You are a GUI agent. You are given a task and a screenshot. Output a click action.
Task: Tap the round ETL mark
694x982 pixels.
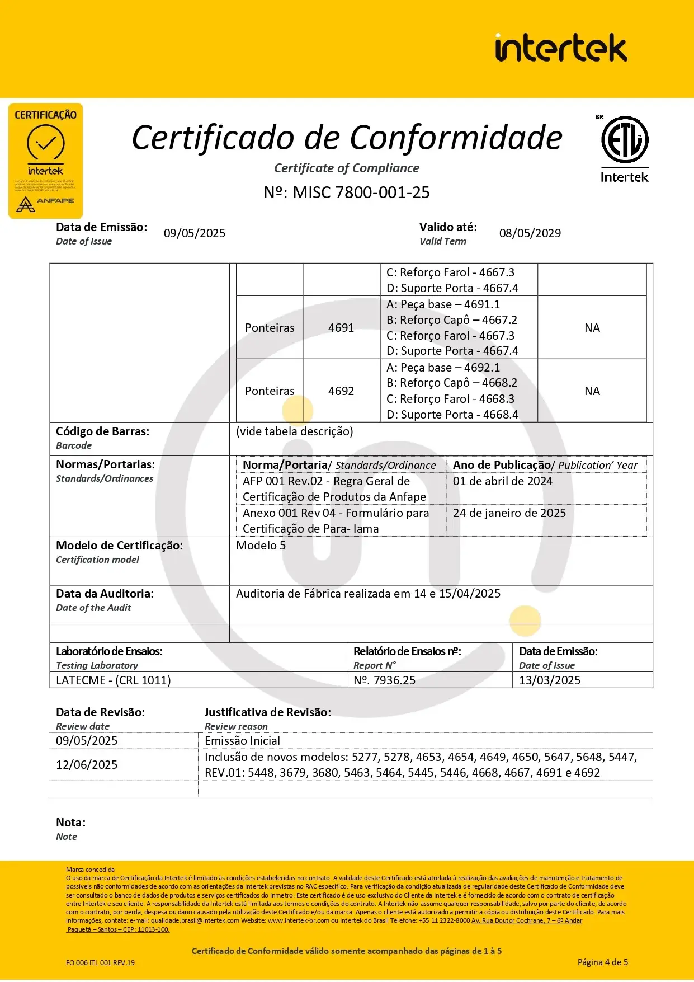click(625, 139)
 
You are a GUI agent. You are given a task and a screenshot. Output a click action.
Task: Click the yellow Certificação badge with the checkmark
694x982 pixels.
click(45, 160)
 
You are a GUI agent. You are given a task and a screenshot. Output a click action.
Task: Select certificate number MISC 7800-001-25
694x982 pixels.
click(347, 192)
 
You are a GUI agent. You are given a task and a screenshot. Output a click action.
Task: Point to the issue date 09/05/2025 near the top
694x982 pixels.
click(195, 233)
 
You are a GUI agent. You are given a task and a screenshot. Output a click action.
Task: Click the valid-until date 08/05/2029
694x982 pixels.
click(530, 233)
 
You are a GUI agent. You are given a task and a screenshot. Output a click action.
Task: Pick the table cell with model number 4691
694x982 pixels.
click(341, 328)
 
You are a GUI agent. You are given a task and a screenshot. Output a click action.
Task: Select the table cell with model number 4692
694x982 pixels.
click(341, 391)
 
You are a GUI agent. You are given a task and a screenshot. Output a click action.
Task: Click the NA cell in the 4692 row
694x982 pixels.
click(592, 391)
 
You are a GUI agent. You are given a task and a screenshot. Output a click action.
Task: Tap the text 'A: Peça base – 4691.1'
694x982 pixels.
click(443, 304)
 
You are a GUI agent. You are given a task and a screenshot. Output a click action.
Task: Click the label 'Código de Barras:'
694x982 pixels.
click(102, 431)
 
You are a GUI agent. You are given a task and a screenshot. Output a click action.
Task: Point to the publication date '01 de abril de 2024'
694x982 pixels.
click(502, 481)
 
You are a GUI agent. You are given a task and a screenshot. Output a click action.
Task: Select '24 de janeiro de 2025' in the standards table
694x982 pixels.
click(509, 513)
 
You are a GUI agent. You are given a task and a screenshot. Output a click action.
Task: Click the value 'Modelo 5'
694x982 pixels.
click(261, 546)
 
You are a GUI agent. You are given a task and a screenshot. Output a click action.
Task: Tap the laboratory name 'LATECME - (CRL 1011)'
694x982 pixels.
click(113, 680)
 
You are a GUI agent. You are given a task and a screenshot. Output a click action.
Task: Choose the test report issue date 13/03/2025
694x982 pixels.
click(549, 680)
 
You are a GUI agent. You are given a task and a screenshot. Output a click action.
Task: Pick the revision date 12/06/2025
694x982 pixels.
click(87, 765)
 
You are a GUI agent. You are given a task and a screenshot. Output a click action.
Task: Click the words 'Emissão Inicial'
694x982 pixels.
click(242, 741)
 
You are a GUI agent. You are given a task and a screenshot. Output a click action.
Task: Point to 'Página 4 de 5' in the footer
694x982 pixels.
click(602, 962)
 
